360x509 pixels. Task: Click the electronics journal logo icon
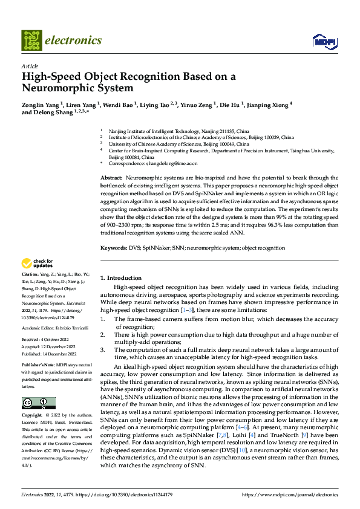[32, 40]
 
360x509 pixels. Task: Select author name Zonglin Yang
[40, 105]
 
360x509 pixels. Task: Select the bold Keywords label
[113, 248]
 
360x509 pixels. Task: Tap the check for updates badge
[38, 264]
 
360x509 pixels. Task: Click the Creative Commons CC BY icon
[38, 403]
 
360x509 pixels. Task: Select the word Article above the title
[30, 65]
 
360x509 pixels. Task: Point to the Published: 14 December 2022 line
[49, 354]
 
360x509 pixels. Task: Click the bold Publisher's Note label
[38, 366]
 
